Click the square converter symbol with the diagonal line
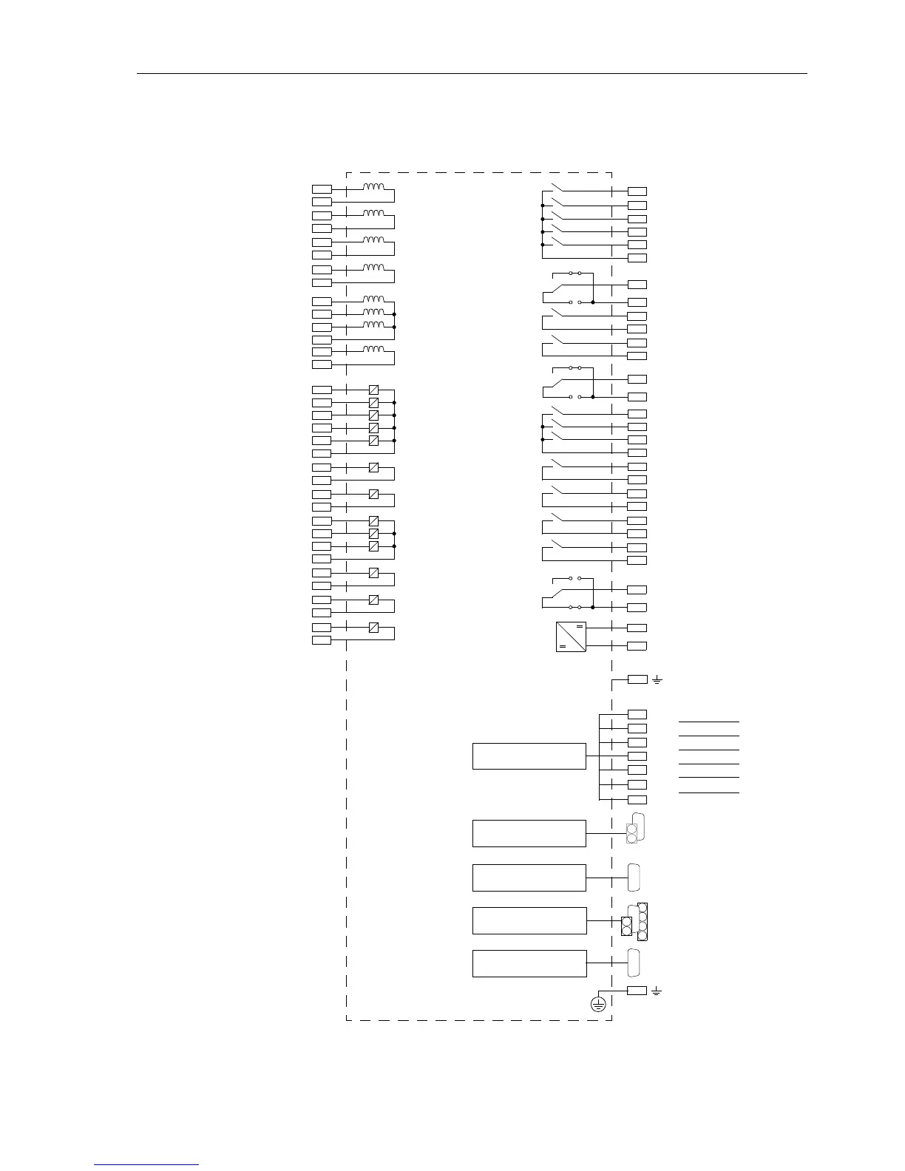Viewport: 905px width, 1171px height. coord(570,637)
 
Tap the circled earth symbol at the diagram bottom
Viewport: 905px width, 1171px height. coord(599,1004)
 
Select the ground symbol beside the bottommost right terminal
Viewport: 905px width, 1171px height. coord(657,991)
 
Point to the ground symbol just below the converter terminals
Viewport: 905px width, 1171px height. coord(657,679)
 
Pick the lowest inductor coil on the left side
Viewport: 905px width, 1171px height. coord(373,349)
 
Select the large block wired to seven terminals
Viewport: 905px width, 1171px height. coord(529,756)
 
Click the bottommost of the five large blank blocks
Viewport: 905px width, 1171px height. coord(529,963)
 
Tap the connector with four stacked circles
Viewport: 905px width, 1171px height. coord(642,921)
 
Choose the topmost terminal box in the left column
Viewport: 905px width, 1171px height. coord(322,189)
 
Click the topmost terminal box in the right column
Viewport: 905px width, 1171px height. coord(637,191)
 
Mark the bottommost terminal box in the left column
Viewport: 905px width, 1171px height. coord(322,639)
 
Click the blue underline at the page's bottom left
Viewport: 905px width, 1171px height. coord(146,1164)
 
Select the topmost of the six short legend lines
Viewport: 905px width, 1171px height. coord(708,721)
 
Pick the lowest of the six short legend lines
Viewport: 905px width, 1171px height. coord(708,792)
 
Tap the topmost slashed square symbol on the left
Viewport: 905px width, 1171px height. coord(373,390)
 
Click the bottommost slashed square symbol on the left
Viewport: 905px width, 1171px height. coord(373,628)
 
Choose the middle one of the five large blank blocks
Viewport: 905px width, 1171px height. coord(529,878)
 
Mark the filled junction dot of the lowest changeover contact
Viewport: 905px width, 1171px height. coord(593,607)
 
